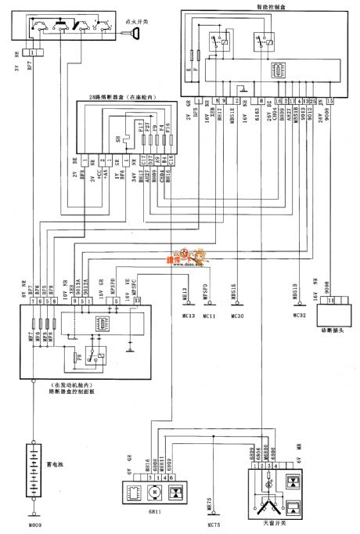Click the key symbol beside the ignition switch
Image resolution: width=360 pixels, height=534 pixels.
click(137, 33)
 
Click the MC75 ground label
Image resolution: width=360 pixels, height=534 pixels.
click(209, 525)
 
